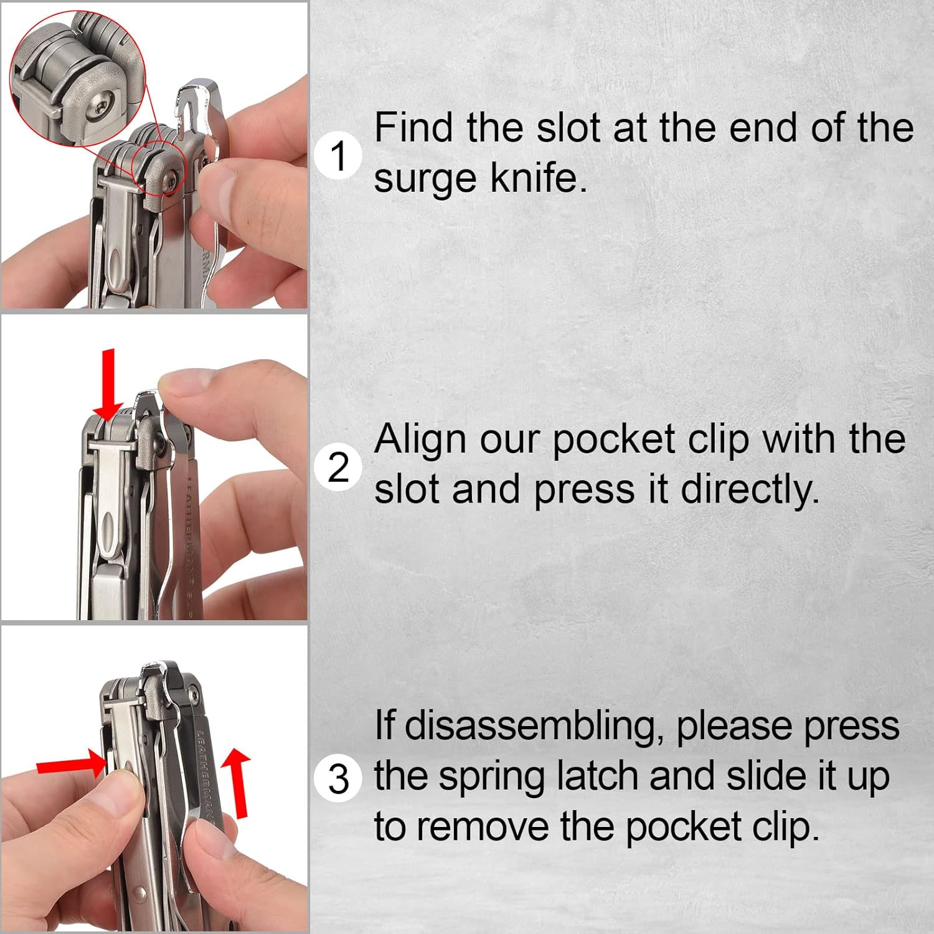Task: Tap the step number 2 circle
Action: click(x=338, y=467)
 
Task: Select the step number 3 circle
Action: click(x=338, y=778)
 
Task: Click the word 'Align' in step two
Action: click(x=420, y=440)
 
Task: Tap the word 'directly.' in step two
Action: click(x=750, y=490)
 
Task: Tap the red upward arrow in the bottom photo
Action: click(x=237, y=782)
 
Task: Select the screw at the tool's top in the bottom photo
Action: click(x=195, y=692)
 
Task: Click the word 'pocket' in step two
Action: click(x=613, y=440)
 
